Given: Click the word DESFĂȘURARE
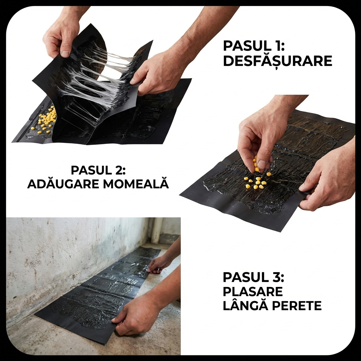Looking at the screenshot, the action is tap(277, 61).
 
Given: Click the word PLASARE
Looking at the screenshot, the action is tap(252, 292).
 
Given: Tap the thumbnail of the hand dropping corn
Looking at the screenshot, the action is tap(262, 164).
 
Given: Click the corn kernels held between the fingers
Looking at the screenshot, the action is tap(255, 164).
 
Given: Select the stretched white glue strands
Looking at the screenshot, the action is tap(97, 76).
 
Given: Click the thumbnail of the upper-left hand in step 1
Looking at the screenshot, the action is tap(65, 54).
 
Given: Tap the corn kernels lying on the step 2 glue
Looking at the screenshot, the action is tap(257, 182).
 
